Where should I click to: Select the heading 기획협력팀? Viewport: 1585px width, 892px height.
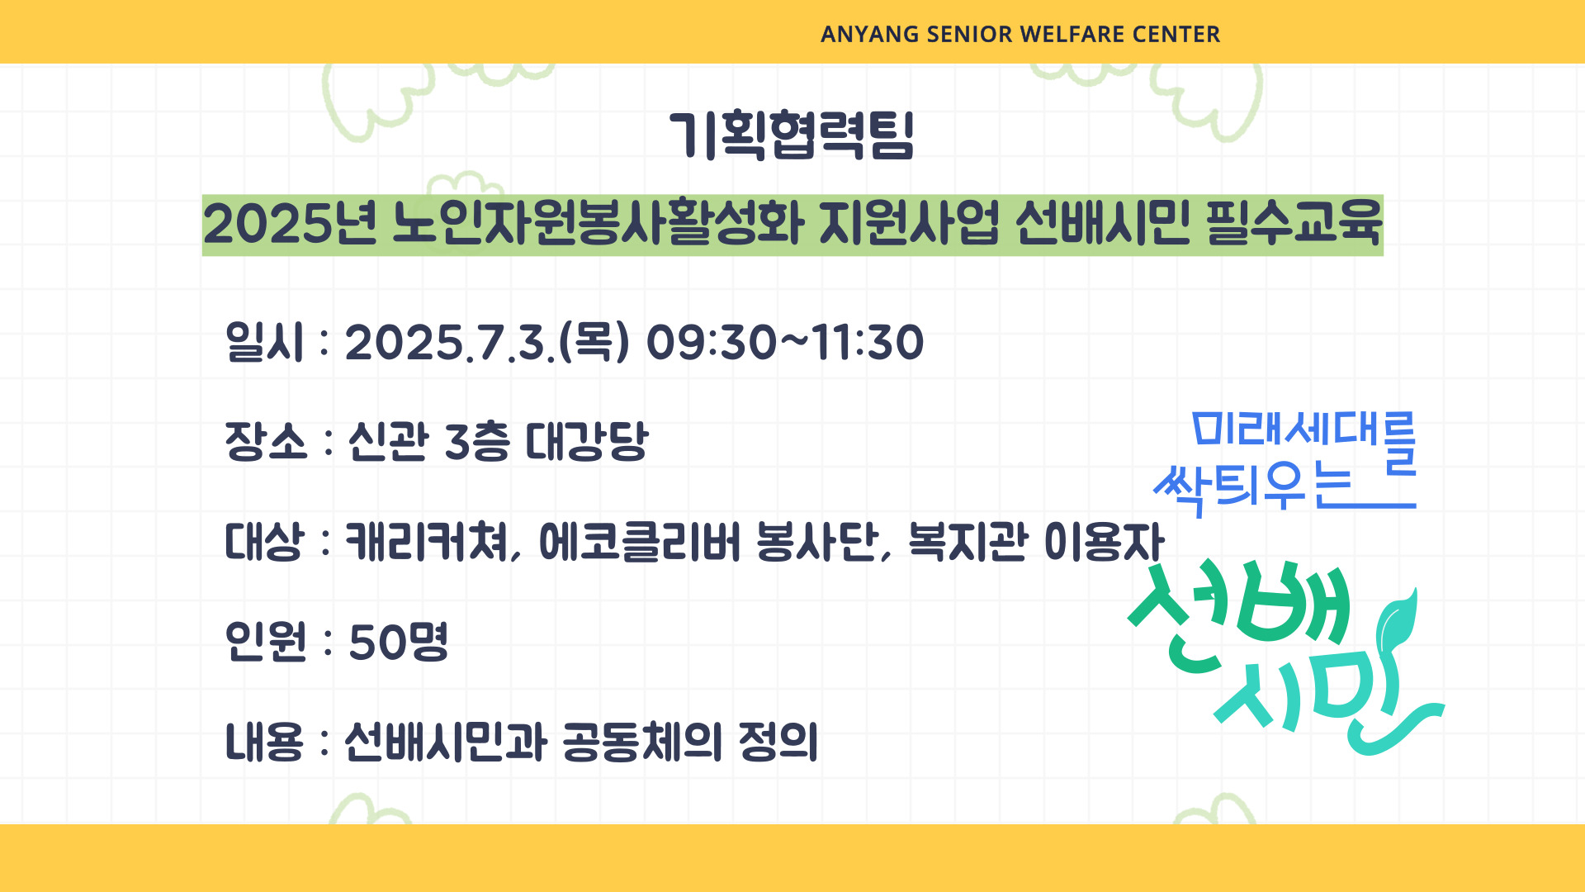pyautogui.click(x=792, y=135)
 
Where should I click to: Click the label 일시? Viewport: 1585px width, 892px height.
pyautogui.click(x=264, y=341)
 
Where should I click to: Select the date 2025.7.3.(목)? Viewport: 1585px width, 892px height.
pyautogui.click(x=487, y=342)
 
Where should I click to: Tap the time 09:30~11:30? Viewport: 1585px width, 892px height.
pyautogui.click(x=784, y=342)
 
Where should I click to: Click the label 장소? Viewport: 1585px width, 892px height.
pyautogui.click(x=265, y=441)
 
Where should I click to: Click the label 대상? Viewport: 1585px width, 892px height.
pyautogui.click(x=264, y=542)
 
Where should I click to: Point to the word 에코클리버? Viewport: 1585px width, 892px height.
pyautogui.click(x=640, y=542)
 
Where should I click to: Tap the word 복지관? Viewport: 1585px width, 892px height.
pyautogui.click(x=968, y=542)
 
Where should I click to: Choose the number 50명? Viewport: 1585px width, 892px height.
pyautogui.click(x=399, y=642)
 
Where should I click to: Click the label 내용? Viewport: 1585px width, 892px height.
pyautogui.click(x=264, y=741)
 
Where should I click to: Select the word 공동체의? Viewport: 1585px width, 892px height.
pyautogui.click(x=642, y=741)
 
